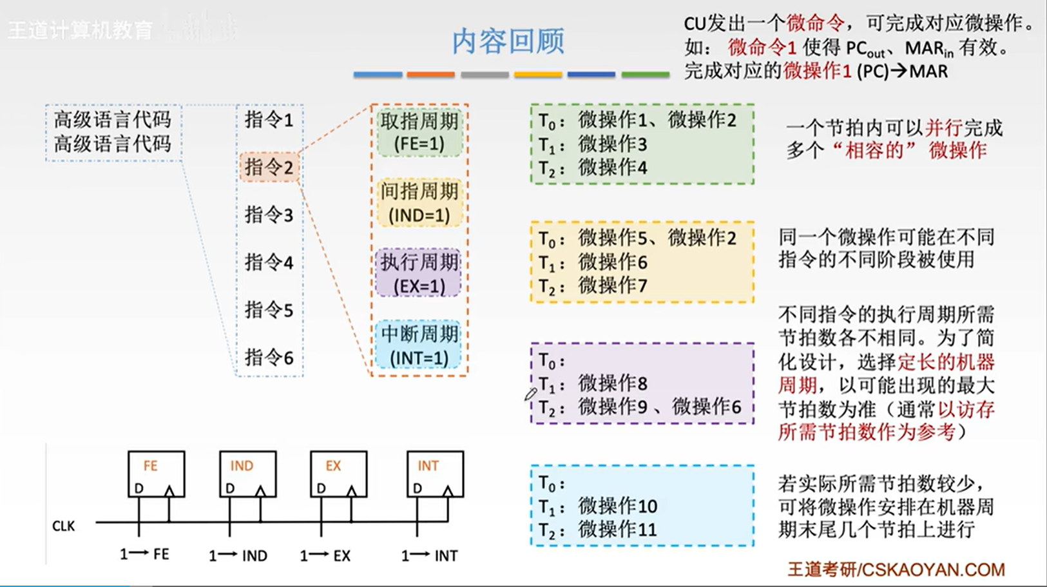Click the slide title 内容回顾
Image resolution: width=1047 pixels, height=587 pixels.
[x=508, y=41]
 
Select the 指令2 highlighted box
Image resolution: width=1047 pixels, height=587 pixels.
[x=269, y=168]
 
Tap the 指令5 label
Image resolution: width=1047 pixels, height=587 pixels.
[x=269, y=310]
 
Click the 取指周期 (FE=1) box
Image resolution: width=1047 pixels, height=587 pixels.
[x=419, y=132]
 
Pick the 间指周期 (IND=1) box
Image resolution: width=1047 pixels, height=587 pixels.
[x=419, y=203]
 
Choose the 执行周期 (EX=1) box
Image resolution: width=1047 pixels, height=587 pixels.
[x=419, y=274]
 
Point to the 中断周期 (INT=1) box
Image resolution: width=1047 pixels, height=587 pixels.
[x=419, y=345]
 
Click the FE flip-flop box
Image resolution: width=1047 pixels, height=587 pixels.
[x=156, y=474]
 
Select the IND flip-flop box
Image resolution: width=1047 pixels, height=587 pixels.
[x=247, y=474]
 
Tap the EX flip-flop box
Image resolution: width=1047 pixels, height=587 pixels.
[x=338, y=474]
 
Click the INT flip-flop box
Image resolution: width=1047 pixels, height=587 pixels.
[x=435, y=474]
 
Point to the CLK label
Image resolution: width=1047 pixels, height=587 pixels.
[x=64, y=526]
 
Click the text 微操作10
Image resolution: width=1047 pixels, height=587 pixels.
[x=617, y=506]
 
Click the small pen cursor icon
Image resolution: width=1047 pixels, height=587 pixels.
[x=530, y=394]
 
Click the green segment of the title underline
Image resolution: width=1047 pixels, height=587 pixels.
[x=645, y=75]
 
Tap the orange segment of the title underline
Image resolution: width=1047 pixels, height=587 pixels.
[x=430, y=75]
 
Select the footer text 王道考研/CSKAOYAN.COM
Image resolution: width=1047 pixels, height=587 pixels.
[x=896, y=570]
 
